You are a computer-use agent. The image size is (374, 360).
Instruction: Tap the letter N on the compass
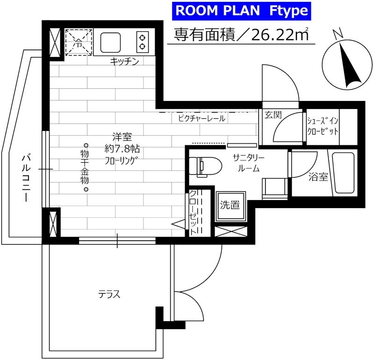pyautogui.click(x=339, y=33)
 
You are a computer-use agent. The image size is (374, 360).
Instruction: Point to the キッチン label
pyautogui.click(x=124, y=61)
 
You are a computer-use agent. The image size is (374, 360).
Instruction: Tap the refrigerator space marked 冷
pyautogui.click(x=79, y=41)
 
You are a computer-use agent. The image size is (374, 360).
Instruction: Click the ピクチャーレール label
pyautogui.click(x=201, y=119)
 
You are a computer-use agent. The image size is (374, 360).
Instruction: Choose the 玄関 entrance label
pyautogui.click(x=272, y=115)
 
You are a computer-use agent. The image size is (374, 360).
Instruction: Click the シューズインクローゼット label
pyautogui.click(x=322, y=126)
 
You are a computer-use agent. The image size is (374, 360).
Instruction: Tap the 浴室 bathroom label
pyautogui.click(x=318, y=177)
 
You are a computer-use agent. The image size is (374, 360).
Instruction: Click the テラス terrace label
pyautogui.click(x=109, y=294)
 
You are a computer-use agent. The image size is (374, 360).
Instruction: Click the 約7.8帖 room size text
pyautogui.click(x=122, y=150)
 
